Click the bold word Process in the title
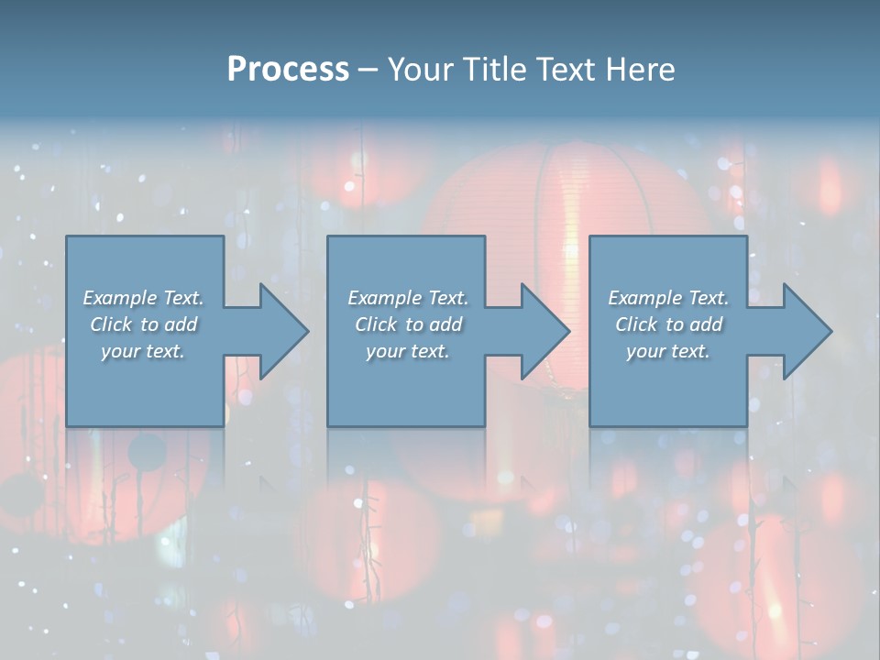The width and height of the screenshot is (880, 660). coord(288,70)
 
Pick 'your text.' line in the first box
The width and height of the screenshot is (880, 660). coord(143,351)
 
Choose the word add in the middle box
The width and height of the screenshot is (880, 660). coord(445,324)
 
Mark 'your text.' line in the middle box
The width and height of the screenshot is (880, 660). coord(408,351)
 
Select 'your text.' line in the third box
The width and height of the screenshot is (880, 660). coord(668,351)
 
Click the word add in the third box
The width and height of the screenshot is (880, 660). coord(706,324)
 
